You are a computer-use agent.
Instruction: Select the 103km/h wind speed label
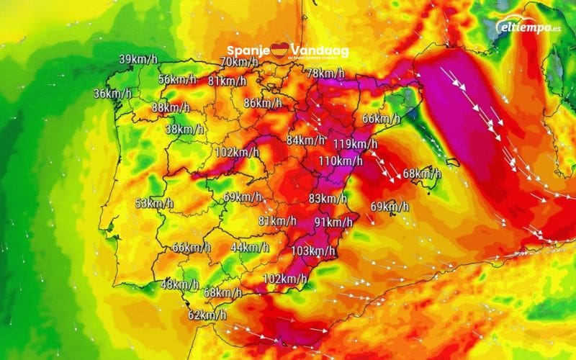click(314, 251)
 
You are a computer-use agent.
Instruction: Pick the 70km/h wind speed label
click(239, 62)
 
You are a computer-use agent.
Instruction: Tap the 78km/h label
click(325, 73)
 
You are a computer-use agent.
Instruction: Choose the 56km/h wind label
click(177, 79)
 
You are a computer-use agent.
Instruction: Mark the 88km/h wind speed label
click(171, 108)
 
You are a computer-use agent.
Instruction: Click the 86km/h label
click(263, 103)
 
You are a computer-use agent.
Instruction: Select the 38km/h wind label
click(184, 129)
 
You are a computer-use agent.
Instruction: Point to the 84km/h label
click(305, 140)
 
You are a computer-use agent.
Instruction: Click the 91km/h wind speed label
click(333, 221)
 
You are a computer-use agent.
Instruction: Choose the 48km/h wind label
click(179, 284)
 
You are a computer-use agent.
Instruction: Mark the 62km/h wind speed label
click(207, 315)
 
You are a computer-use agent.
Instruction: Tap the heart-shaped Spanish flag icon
click(279, 50)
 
